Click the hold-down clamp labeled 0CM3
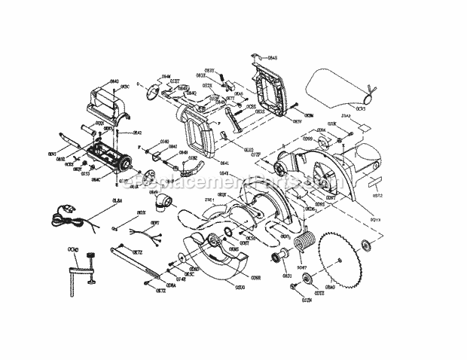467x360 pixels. point(82,268)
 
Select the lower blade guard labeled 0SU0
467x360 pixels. point(215,256)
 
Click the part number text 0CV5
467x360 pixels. point(361,108)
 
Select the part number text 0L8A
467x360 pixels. point(118,200)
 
